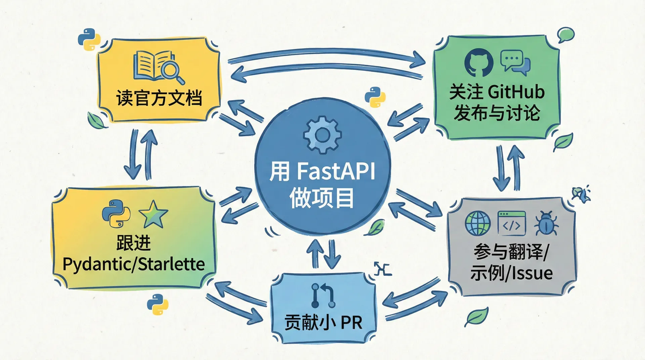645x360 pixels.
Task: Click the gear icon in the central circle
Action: (x=322, y=135)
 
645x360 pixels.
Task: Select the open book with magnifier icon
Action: (x=159, y=67)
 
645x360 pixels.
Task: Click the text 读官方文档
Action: (x=159, y=98)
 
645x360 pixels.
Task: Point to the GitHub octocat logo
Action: (x=479, y=62)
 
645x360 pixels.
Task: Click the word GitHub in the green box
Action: (x=515, y=92)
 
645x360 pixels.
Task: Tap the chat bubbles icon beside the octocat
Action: (x=515, y=62)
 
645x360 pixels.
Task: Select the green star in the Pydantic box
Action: (x=153, y=214)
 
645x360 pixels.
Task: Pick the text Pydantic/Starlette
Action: (x=134, y=264)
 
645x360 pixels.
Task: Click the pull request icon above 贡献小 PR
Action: (x=323, y=295)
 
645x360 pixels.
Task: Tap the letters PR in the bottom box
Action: (x=351, y=323)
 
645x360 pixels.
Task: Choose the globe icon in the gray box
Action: (x=478, y=223)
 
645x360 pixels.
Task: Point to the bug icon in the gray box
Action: (x=546, y=223)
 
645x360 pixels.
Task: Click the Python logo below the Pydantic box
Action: (x=157, y=304)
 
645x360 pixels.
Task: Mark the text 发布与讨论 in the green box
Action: (x=497, y=113)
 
